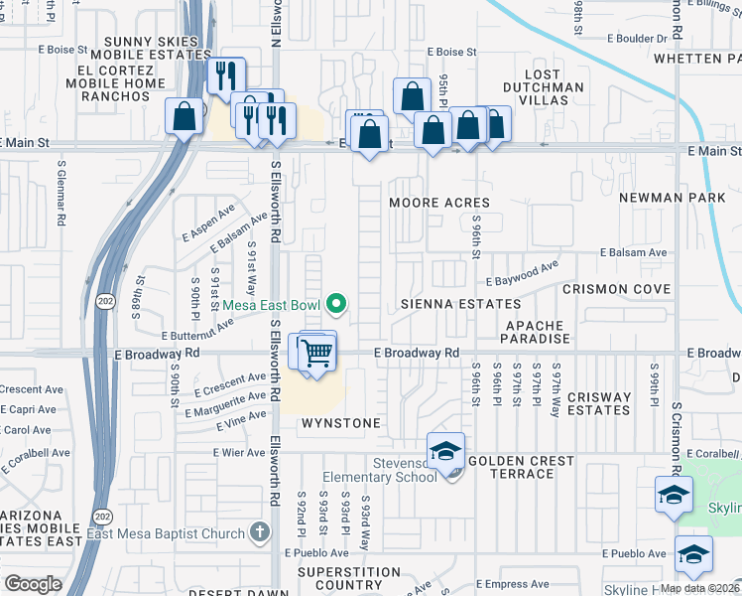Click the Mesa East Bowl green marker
pos(337,304)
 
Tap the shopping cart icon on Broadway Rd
pos(316,352)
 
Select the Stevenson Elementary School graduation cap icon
pos(446,452)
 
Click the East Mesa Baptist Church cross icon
pos(260,532)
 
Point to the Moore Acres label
pos(439,203)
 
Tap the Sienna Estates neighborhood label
pos(446,302)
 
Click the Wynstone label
pos(342,423)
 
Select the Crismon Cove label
pos(616,289)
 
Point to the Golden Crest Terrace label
pos(521,467)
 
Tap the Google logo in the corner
pos(33,584)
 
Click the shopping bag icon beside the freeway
pos(185,117)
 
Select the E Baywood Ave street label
pos(523,270)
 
